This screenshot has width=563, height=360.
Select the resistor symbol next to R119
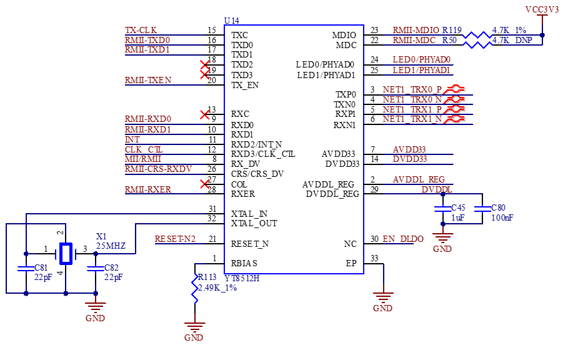click(x=477, y=34)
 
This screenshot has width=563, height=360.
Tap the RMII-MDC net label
click(x=414, y=40)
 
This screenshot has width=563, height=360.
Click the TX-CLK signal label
click(x=141, y=30)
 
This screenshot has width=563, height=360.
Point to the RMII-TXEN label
click(x=148, y=80)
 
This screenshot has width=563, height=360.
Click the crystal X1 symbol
click(x=65, y=253)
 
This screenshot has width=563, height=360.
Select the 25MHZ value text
click(x=111, y=246)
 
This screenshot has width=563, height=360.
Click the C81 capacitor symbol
click(x=26, y=269)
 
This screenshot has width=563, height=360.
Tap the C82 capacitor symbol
click(x=95, y=269)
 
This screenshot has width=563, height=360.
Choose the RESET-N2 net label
click(x=175, y=239)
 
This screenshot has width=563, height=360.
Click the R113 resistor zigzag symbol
click(x=196, y=289)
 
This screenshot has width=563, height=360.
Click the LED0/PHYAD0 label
click(x=422, y=59)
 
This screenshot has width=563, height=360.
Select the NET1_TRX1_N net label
click(x=413, y=119)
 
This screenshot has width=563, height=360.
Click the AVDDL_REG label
click(x=419, y=179)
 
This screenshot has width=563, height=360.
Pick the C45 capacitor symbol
click(x=442, y=208)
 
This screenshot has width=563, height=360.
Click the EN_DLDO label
click(x=404, y=239)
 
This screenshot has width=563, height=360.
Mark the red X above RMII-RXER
click(x=204, y=184)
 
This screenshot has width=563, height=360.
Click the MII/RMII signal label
click(x=142, y=159)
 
